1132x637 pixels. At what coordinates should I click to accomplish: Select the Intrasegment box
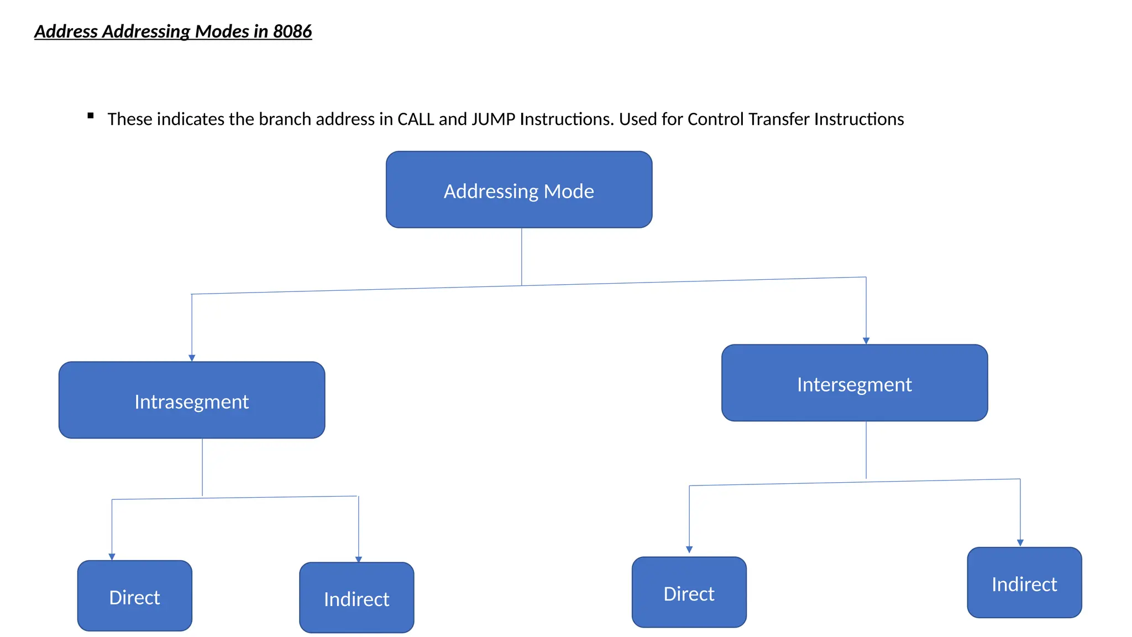point(191,400)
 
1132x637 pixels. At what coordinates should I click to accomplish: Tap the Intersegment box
point(854,383)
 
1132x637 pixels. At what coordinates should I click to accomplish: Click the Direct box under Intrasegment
point(134,596)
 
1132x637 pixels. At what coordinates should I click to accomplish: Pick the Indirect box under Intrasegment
point(357,598)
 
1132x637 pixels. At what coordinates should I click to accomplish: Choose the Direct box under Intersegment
point(689,592)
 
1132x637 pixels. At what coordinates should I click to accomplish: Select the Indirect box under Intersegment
point(1024,583)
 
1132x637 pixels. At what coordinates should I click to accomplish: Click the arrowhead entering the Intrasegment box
point(192,358)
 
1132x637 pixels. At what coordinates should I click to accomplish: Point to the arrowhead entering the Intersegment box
point(866,341)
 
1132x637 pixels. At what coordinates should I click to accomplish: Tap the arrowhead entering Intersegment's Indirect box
point(1020,543)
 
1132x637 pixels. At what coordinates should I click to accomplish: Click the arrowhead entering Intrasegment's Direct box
point(112,557)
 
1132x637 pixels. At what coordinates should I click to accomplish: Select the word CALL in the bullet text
point(416,119)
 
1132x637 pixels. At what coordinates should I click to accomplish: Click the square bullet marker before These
point(91,116)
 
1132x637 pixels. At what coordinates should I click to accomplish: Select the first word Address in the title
point(66,32)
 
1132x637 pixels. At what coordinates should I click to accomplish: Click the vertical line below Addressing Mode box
point(521,257)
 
